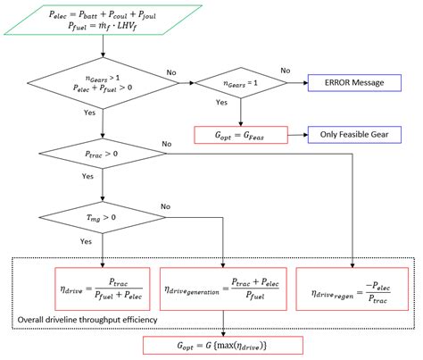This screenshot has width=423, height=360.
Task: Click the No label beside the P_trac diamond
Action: [x=166, y=145]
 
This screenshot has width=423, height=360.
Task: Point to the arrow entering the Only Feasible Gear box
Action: [x=302, y=136]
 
